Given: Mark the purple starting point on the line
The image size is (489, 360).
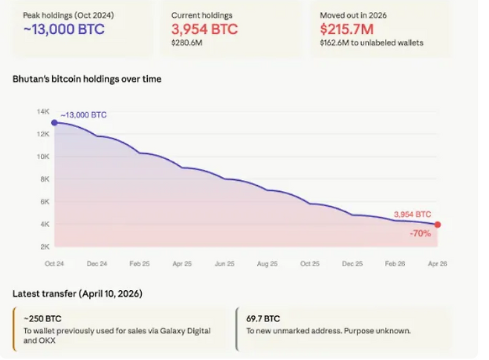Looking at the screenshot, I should click(54, 123).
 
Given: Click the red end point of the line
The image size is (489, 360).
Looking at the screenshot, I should click(438, 225).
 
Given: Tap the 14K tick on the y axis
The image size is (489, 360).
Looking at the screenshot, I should click(42, 112).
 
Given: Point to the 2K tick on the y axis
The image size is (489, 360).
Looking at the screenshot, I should click(43, 246).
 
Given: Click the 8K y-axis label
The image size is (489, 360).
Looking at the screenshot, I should click(43, 179).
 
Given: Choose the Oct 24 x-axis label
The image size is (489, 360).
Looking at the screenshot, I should click(54, 263).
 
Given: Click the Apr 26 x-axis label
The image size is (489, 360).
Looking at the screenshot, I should click(438, 263).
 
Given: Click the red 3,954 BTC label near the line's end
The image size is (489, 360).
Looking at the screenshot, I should click(412, 214).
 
